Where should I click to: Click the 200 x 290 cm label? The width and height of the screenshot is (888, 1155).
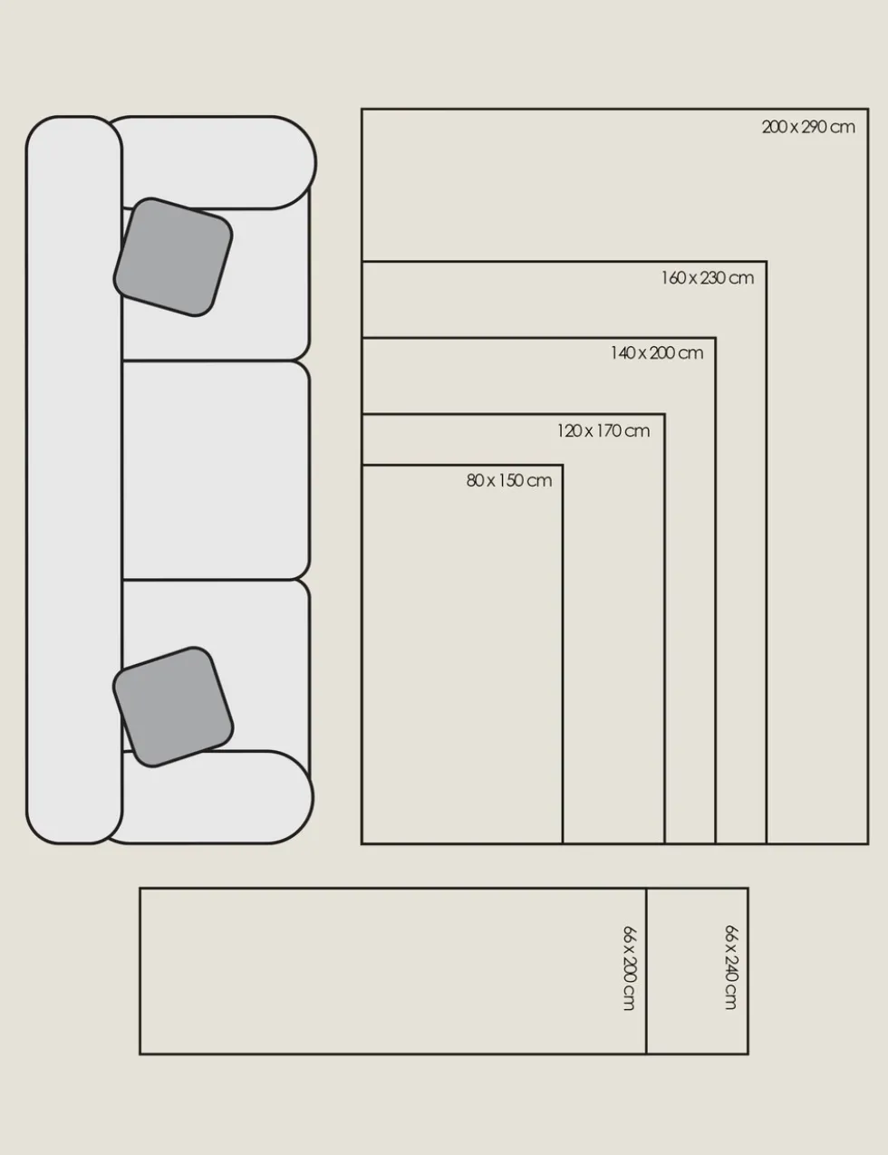click(x=808, y=127)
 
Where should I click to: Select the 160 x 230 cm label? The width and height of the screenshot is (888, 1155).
click(x=708, y=278)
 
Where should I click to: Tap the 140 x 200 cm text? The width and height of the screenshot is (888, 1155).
click(x=657, y=353)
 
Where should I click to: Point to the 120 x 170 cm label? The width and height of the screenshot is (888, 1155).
click(x=603, y=430)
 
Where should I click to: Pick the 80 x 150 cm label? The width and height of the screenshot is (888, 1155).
click(x=509, y=480)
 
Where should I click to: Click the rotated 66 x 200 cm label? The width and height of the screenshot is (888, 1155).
click(x=630, y=967)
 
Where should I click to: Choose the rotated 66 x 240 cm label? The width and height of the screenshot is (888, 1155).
click(x=732, y=967)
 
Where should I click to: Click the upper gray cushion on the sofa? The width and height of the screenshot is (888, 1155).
click(x=173, y=257)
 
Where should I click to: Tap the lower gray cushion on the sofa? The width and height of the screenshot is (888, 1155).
click(x=173, y=707)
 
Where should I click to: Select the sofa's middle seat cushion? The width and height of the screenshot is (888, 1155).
click(x=216, y=470)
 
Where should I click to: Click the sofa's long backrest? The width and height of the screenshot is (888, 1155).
click(x=74, y=479)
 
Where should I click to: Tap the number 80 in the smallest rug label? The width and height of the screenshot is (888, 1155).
click(x=474, y=480)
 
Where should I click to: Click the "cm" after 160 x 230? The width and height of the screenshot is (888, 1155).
click(x=741, y=278)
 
